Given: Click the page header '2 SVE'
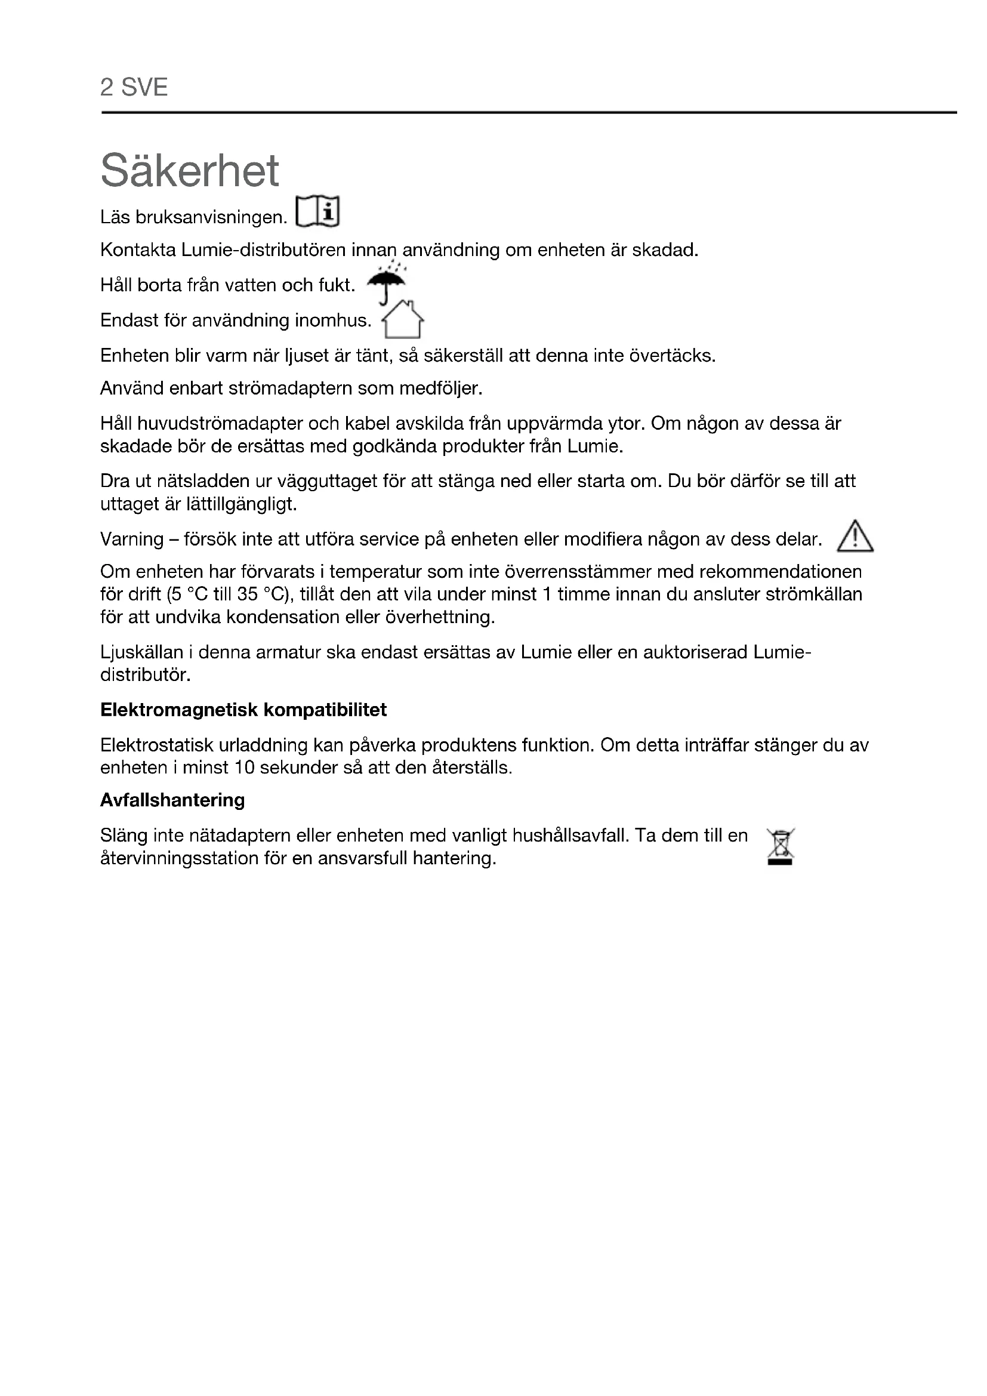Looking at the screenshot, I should click(134, 88).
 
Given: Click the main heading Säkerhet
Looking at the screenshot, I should click(190, 171).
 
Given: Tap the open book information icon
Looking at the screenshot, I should click(317, 212).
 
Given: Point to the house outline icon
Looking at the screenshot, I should click(402, 319).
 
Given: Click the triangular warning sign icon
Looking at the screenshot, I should click(855, 537).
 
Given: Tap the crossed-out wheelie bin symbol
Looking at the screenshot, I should click(781, 846).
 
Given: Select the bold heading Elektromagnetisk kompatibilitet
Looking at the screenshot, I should click(243, 710).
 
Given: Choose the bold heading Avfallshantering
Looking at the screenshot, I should click(172, 800).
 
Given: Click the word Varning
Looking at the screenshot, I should click(132, 540).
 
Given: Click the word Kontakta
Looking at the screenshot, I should click(138, 250).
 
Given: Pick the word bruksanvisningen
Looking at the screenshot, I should click(211, 217).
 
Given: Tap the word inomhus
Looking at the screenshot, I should click(333, 321).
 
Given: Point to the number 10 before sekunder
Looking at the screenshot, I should click(244, 768).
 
